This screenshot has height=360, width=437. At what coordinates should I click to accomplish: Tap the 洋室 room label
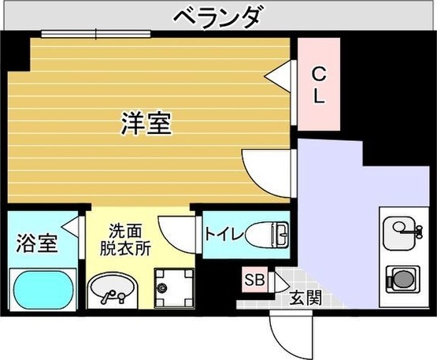(146, 123)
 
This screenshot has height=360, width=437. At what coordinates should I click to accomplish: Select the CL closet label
(319, 86)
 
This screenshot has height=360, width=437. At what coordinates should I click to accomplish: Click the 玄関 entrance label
(305, 298)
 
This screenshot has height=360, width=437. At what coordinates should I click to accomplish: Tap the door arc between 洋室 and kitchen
(266, 169)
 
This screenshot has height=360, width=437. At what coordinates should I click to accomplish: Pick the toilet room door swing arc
(177, 231)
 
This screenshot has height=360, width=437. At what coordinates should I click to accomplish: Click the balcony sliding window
(96, 34)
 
